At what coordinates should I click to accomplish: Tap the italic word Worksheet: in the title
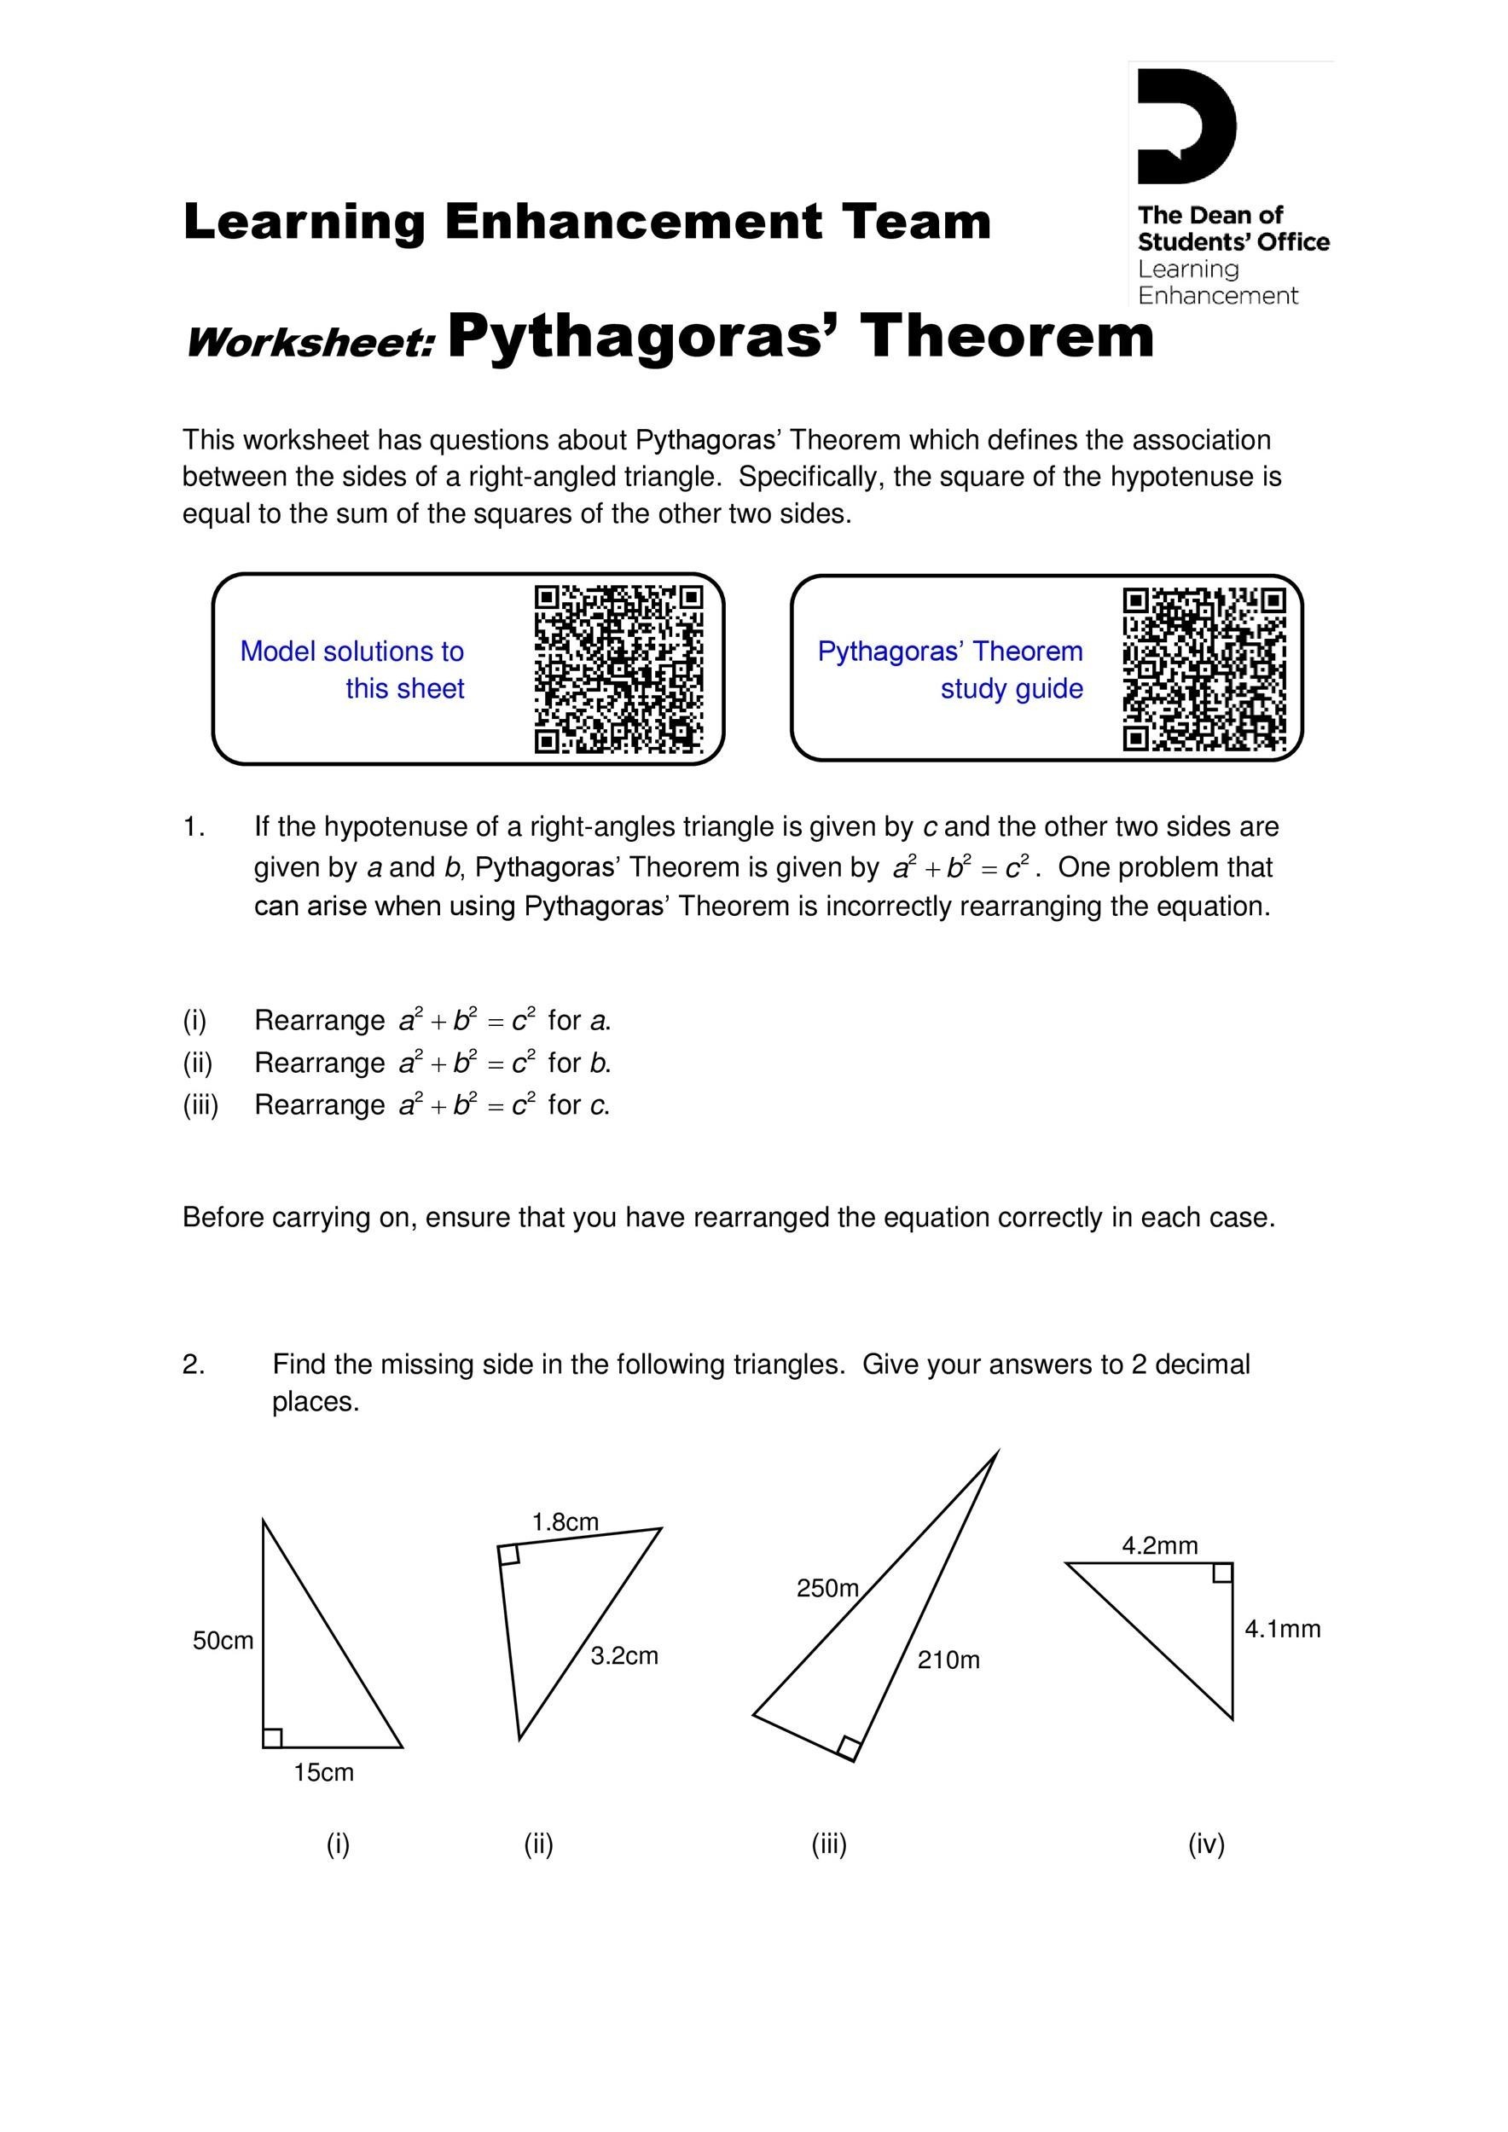[x=310, y=343]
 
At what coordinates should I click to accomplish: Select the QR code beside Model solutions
[x=618, y=669]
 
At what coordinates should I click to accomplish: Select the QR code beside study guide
[x=1204, y=669]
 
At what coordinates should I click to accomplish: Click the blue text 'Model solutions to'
[x=352, y=651]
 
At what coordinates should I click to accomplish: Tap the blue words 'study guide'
[x=1012, y=688]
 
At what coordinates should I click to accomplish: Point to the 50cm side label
[x=223, y=1641]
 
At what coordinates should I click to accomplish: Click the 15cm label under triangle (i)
[x=323, y=1773]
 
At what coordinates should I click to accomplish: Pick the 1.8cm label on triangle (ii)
[x=565, y=1522]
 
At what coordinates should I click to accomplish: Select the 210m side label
[x=948, y=1660]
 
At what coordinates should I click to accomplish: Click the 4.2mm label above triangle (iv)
[x=1159, y=1545]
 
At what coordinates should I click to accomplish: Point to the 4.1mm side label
[x=1282, y=1629]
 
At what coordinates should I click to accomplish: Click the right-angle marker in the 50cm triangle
[x=273, y=1737]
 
